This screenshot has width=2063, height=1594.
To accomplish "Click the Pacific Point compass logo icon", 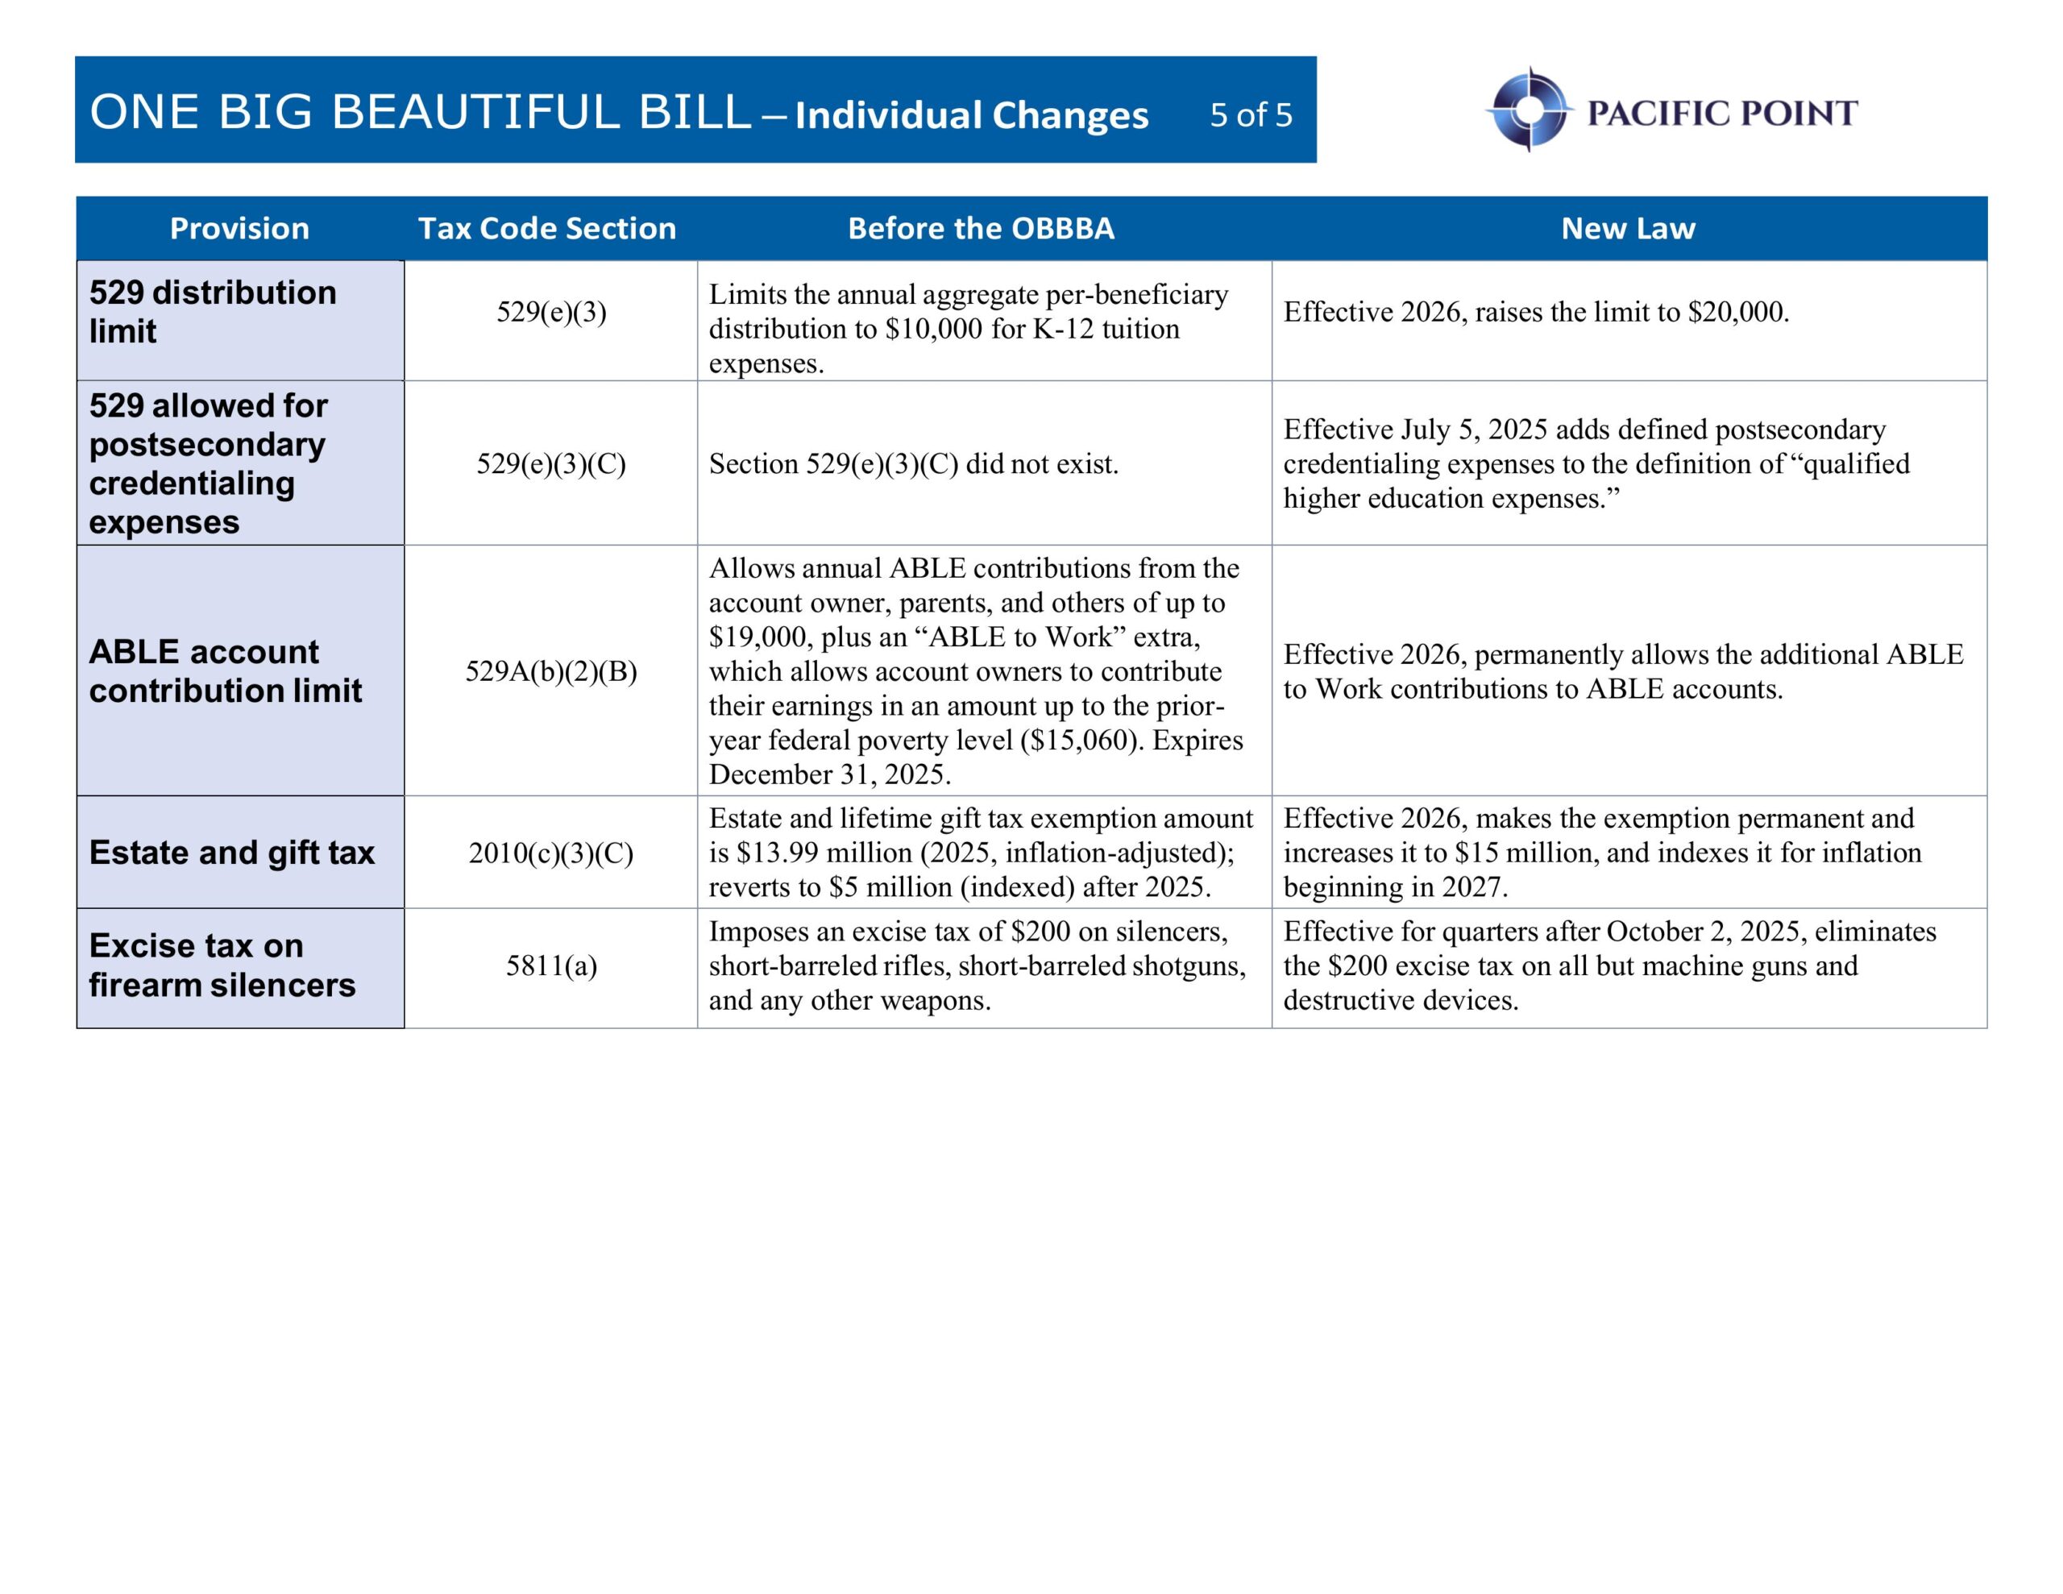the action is [x=1529, y=110].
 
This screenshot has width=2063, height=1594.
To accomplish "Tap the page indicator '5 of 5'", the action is [x=1251, y=115].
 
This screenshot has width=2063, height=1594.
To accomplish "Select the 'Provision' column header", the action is [x=239, y=229].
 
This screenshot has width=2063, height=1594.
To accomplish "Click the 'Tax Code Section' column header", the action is [x=547, y=229].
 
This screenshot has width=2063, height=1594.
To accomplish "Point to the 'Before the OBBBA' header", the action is [x=981, y=229].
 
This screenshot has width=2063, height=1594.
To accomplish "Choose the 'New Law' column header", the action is [x=1628, y=229].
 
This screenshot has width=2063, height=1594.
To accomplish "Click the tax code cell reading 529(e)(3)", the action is [x=552, y=312].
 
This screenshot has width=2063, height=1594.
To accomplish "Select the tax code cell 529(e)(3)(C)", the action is [x=552, y=464].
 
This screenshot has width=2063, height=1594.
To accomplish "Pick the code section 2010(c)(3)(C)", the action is [x=552, y=853].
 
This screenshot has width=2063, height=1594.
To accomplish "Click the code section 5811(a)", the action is [x=552, y=965].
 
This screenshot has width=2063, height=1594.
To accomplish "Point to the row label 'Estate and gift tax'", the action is [x=231, y=853].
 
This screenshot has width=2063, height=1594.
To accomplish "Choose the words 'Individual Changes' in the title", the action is [x=971, y=115].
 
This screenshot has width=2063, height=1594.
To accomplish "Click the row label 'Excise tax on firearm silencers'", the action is [x=222, y=965].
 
